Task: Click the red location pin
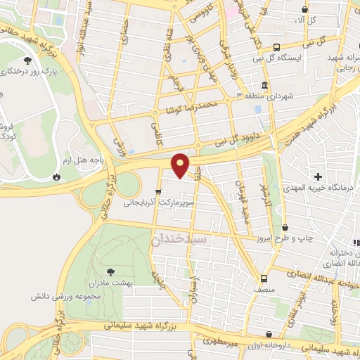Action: [x=181, y=165]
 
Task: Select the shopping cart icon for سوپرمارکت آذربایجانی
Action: [x=159, y=191]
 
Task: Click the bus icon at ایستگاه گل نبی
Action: [x=276, y=46]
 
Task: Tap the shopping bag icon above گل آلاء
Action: [x=304, y=9]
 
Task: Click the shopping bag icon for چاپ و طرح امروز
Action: [x=285, y=227]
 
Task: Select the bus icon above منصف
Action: [x=264, y=278]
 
